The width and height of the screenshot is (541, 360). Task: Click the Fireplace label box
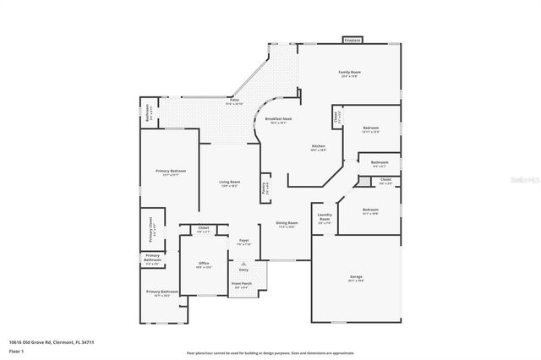352,40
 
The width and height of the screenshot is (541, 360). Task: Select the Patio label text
232,100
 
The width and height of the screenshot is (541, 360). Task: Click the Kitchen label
318,145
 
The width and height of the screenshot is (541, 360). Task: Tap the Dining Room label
287,223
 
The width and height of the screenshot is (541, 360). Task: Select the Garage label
356,276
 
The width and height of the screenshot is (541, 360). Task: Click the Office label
204,264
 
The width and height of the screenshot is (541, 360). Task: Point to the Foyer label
243,241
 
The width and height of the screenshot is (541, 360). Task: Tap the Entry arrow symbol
243,263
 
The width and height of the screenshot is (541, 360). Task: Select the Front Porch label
242,283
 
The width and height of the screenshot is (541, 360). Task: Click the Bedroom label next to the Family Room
370,128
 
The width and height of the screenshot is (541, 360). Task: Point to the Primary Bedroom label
170,171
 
